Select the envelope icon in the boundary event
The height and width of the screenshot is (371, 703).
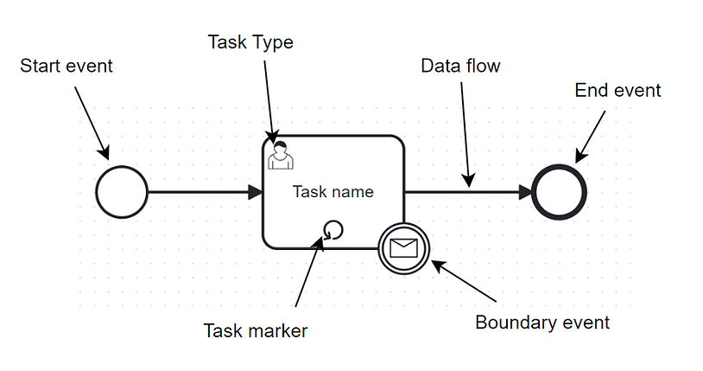(x=403, y=248)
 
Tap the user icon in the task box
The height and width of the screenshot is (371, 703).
(x=281, y=155)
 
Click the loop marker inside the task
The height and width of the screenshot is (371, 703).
(x=332, y=230)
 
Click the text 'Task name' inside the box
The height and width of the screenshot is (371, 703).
(x=333, y=192)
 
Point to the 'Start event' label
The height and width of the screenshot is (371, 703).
(x=66, y=66)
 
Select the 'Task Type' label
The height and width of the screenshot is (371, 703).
(x=250, y=42)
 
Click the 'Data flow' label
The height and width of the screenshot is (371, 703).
(x=460, y=66)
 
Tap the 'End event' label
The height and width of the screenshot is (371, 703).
(x=617, y=90)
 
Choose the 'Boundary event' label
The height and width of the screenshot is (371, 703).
(x=542, y=323)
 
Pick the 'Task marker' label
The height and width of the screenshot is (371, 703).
(x=256, y=331)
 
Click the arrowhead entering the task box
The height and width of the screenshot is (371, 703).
(x=256, y=192)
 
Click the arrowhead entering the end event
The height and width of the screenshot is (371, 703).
(x=525, y=192)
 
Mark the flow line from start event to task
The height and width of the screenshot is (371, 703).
(x=198, y=192)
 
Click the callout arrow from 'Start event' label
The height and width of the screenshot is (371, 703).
(x=92, y=123)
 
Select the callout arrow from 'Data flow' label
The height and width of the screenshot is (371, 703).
(x=465, y=134)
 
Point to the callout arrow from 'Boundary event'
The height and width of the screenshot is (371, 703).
(x=464, y=281)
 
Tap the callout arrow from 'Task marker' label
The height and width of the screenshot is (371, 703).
(x=309, y=272)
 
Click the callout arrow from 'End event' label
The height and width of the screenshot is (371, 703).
(x=590, y=137)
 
